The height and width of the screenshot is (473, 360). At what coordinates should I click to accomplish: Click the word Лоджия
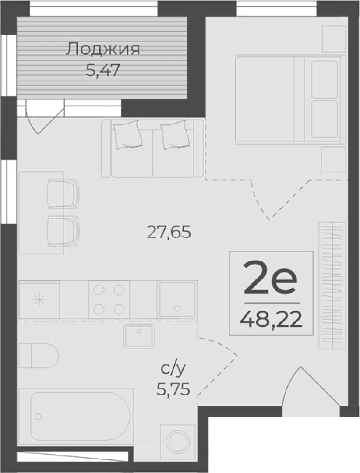[x=103, y=50]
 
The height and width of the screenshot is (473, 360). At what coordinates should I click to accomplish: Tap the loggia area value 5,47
[x=103, y=70]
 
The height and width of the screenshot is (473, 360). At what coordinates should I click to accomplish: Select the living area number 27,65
[x=169, y=232]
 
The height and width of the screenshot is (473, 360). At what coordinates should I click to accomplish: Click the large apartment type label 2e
[x=270, y=278]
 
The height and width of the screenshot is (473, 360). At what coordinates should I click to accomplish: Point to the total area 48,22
[x=271, y=319]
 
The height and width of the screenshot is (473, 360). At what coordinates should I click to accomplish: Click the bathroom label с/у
[x=173, y=369]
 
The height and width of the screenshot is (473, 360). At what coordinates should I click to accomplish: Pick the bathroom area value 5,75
[x=173, y=389]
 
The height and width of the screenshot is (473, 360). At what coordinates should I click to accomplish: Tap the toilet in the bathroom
[x=39, y=356]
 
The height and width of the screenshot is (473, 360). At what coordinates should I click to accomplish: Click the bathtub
[x=76, y=417]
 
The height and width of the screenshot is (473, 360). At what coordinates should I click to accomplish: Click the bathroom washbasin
[x=138, y=336]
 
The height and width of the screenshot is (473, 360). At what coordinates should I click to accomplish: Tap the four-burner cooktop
[x=109, y=300]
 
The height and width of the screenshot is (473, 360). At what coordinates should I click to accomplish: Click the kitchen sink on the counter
[x=177, y=300]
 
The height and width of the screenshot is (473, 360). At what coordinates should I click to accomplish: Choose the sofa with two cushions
[x=153, y=148]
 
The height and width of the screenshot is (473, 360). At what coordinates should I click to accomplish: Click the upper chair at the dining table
[x=64, y=194]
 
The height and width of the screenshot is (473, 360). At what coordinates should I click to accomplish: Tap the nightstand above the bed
[x=334, y=39]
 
